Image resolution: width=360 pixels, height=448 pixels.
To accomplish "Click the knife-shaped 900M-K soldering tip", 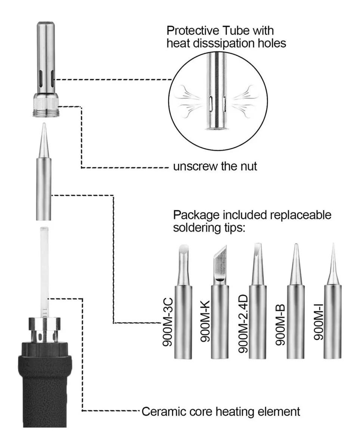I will pyautogui.click(x=220, y=263).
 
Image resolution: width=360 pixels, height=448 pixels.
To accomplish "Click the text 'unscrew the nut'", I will pyautogui.click(x=215, y=166).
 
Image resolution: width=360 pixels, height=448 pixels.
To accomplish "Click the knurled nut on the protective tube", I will pyautogui.click(x=45, y=101).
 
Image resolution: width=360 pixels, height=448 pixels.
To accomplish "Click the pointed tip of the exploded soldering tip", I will pyautogui.click(x=44, y=129).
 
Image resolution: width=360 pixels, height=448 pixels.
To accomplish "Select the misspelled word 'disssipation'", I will pyautogui.click(x=229, y=43).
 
